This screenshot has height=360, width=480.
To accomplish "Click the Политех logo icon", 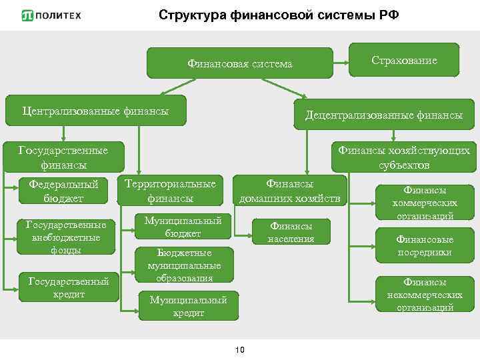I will (29, 16).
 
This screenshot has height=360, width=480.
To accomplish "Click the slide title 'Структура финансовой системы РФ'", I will (279, 15).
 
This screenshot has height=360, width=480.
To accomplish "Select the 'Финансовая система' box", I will (240, 64).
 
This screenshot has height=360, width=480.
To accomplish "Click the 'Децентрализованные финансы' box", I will (384, 115).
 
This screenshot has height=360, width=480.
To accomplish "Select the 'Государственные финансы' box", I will (63, 157).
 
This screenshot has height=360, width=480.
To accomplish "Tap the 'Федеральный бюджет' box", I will (64, 191).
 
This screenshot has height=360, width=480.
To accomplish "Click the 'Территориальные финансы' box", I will (171, 191).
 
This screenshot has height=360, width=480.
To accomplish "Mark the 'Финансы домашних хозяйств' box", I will (290, 191).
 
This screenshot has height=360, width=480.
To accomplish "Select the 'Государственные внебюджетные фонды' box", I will (65, 237).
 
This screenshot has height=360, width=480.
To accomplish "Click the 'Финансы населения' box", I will (291, 232).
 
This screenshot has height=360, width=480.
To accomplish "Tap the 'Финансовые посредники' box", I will (425, 245).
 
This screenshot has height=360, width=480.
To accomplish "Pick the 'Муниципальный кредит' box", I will (189, 306).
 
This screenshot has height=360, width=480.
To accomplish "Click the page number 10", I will (241, 350).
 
